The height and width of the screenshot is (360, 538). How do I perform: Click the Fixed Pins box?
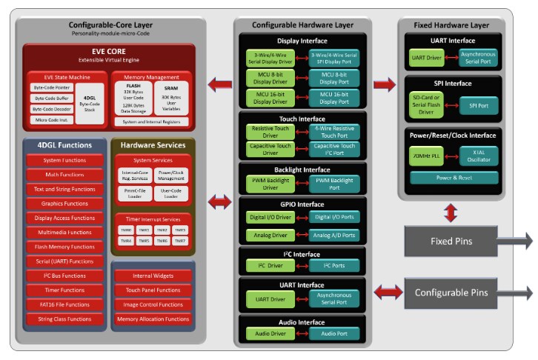tap(452, 241)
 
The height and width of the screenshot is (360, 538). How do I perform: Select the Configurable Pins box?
tap(452, 293)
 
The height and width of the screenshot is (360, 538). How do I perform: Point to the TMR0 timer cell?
tap(127, 230)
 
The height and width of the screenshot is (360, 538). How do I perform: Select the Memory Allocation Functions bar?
tap(152, 319)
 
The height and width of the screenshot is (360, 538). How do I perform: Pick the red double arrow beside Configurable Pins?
tap(387, 293)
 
